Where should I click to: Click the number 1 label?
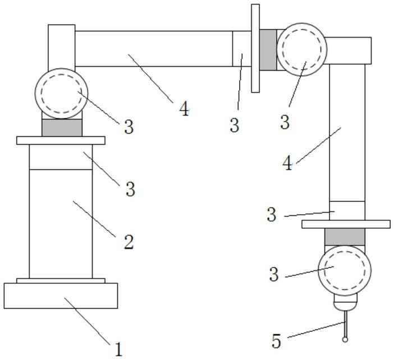click(x=118, y=349)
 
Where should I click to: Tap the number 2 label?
click(x=129, y=242)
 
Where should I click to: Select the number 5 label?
click(x=276, y=340)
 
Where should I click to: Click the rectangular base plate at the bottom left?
click(x=61, y=296)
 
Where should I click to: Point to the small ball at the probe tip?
click(x=345, y=339)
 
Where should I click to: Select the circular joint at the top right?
click(x=303, y=48)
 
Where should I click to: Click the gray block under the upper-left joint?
click(x=62, y=128)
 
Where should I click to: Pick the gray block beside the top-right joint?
click(x=268, y=50)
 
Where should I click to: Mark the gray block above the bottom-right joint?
click(x=345, y=237)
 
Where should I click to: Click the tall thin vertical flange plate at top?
click(x=255, y=48)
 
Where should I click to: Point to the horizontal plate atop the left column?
click(x=61, y=140)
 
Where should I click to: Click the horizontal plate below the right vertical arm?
click(x=346, y=224)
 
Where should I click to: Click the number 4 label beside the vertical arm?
click(x=287, y=164)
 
